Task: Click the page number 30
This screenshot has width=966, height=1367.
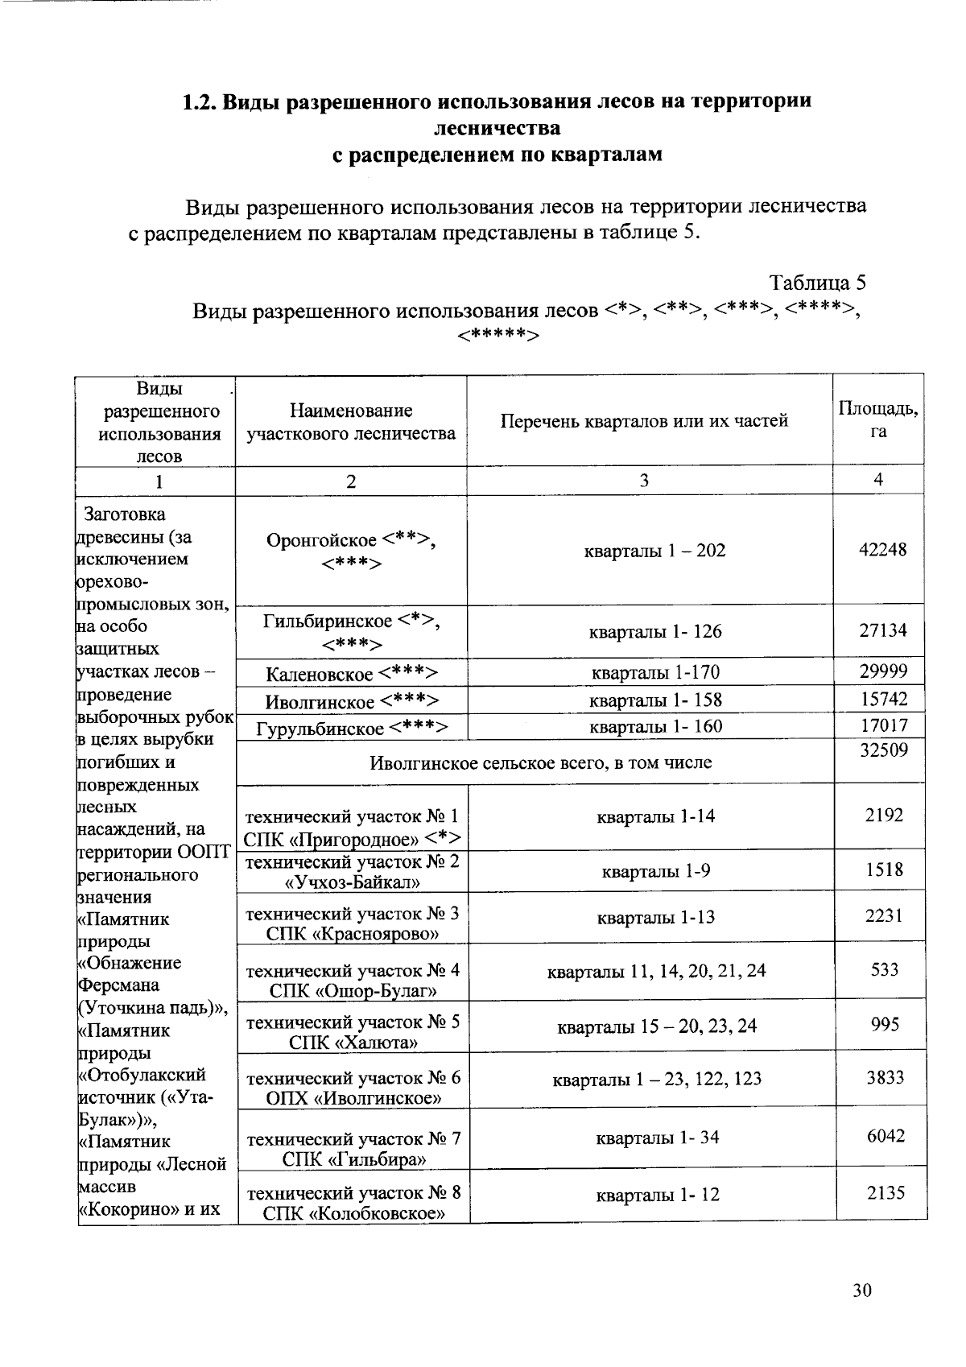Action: click(861, 1291)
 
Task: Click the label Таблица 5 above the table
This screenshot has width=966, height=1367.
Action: click(817, 283)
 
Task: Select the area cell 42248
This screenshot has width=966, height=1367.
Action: click(883, 549)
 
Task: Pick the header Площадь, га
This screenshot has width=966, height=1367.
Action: click(878, 419)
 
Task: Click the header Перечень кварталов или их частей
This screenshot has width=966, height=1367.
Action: click(644, 420)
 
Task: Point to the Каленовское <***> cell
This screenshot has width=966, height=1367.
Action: click(352, 674)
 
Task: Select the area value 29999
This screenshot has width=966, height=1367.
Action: click(883, 671)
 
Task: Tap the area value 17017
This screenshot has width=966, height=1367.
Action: click(883, 725)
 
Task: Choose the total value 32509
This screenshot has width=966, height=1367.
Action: click(883, 750)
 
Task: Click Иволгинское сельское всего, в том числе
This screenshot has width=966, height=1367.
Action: click(540, 762)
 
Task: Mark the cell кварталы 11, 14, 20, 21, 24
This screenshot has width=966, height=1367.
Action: click(656, 971)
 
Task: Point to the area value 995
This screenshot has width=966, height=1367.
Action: click(885, 1024)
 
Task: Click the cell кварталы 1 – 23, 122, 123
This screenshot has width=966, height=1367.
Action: click(656, 1079)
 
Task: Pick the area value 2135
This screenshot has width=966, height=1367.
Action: click(885, 1192)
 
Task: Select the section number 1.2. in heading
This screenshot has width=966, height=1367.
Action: click(198, 102)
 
